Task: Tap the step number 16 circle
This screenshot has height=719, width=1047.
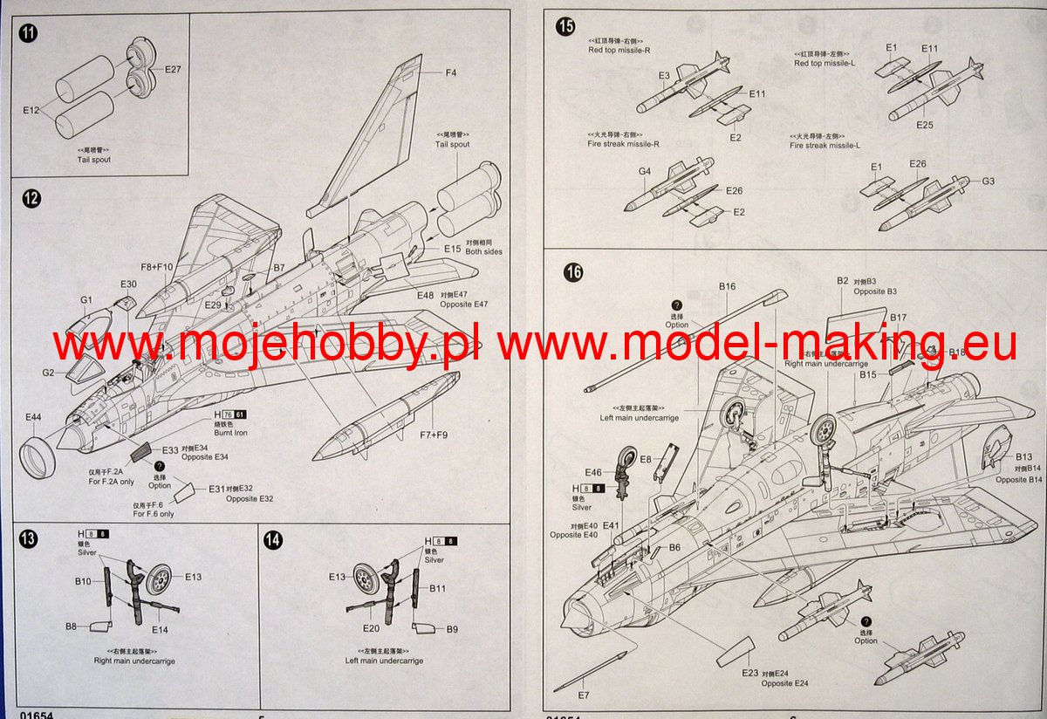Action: click(572, 272)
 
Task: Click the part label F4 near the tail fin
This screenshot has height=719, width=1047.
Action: click(450, 72)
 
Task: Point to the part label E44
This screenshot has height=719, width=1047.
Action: click(33, 417)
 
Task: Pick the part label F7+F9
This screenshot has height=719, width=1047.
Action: click(433, 435)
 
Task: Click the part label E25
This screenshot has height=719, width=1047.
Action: click(925, 126)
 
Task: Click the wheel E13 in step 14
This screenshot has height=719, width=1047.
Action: click(365, 579)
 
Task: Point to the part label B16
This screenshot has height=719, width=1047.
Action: click(728, 286)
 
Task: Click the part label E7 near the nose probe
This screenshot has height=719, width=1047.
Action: click(584, 695)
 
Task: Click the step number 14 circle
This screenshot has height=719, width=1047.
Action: click(272, 540)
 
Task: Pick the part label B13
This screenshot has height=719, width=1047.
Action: click(1023, 457)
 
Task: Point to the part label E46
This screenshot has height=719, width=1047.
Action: click(593, 472)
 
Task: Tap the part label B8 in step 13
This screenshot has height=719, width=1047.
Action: click(71, 626)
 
